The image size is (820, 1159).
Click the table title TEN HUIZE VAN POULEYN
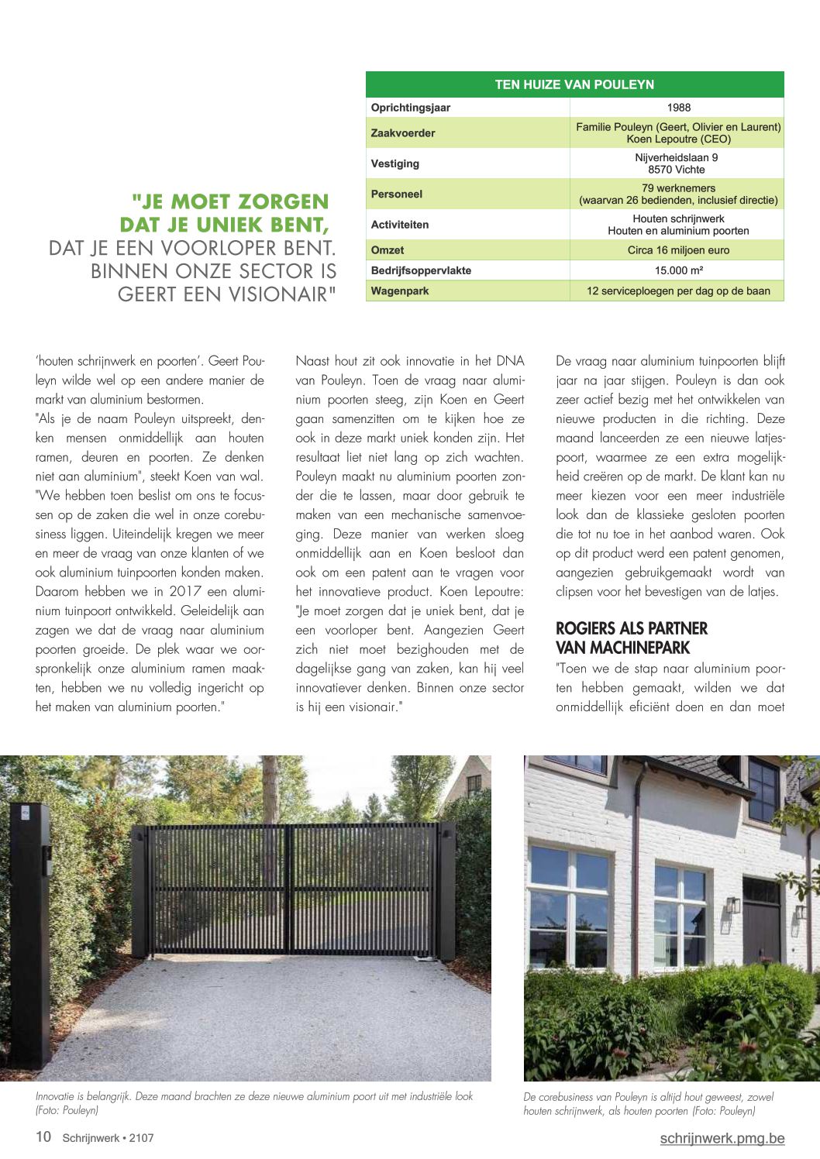[574, 84]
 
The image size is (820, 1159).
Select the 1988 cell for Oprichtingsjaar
[678, 108]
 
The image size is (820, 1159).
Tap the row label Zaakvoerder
[403, 133]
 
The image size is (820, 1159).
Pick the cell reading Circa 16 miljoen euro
[678, 250]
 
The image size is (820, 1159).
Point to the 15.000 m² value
[678, 270]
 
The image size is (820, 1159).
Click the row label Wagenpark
[400, 291]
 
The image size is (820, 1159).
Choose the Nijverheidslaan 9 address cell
[677, 163]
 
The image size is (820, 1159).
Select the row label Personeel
[398, 194]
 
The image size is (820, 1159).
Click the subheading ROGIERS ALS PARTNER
[632, 628]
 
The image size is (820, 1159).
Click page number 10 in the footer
[43, 1137]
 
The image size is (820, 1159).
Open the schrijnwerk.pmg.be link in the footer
[722, 1138]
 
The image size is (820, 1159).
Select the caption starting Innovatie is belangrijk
[254, 1103]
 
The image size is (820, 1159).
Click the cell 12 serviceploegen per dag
[678, 291]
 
